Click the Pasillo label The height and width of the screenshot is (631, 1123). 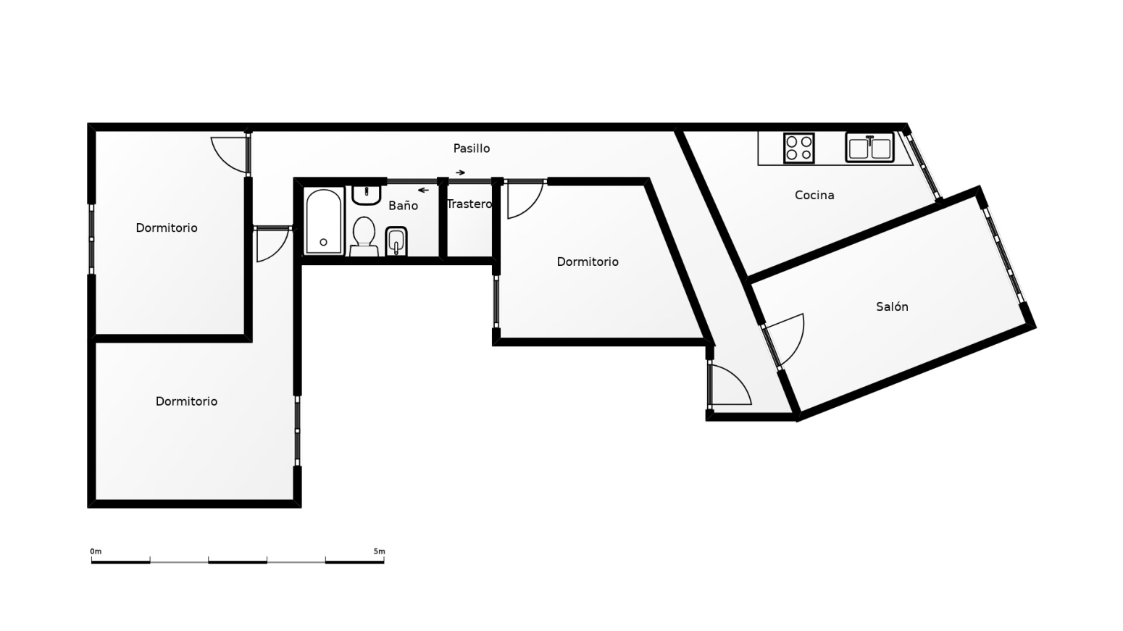(x=471, y=149)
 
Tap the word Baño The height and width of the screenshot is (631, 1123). (x=403, y=205)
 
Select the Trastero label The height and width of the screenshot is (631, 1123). (x=469, y=204)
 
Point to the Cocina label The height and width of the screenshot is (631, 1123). (x=814, y=195)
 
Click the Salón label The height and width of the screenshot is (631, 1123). (x=892, y=306)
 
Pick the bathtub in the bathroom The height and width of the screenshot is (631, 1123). (x=324, y=221)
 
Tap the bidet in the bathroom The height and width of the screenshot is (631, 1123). (x=396, y=241)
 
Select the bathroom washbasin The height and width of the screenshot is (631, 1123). (x=367, y=195)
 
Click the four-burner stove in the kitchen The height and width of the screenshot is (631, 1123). (x=798, y=149)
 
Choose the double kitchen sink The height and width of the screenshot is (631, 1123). (x=869, y=148)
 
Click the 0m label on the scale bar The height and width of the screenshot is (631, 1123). (x=96, y=551)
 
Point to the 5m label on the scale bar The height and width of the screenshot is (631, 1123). (x=379, y=551)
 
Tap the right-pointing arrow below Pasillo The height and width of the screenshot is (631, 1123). (x=460, y=173)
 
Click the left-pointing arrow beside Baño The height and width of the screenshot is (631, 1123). (x=424, y=190)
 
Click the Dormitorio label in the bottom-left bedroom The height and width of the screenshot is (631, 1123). (x=186, y=401)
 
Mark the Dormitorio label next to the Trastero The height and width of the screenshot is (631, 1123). (x=588, y=262)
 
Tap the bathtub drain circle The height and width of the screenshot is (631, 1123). (x=323, y=242)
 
